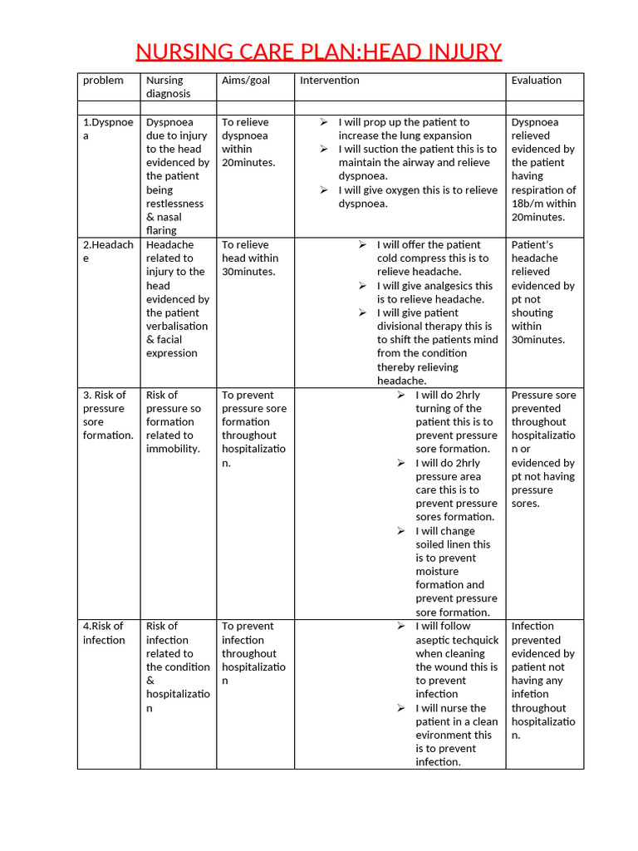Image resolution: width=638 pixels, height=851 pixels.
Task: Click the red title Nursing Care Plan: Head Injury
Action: pyautogui.click(x=318, y=52)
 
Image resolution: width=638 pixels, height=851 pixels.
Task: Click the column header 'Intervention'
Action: pyautogui.click(x=330, y=81)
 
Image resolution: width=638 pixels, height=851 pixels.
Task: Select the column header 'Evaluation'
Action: pyautogui.click(x=536, y=81)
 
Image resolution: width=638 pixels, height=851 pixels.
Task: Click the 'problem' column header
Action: pyautogui.click(x=103, y=81)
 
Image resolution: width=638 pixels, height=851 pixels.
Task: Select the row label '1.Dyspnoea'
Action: pyautogui.click(x=107, y=129)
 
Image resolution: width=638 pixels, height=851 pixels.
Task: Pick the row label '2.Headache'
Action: pyautogui.click(x=107, y=251)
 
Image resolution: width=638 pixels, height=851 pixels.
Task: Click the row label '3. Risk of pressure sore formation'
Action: pyautogui.click(x=107, y=415)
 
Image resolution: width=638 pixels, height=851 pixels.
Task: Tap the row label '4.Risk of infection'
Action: pyautogui.click(x=104, y=633)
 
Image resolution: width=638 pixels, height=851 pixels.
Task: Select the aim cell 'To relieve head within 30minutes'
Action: pyautogui.click(x=248, y=258)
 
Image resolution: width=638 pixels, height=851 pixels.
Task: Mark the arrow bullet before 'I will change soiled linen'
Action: pyautogui.click(x=401, y=531)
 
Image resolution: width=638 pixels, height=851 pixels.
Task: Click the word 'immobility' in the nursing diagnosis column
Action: pyautogui.click(x=173, y=449)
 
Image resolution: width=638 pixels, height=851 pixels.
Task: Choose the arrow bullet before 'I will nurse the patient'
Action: pyautogui.click(x=401, y=708)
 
